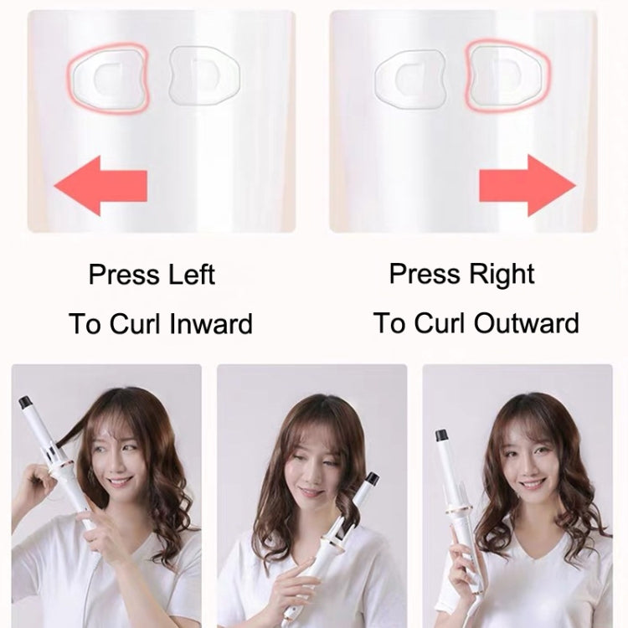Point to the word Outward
click(524, 323)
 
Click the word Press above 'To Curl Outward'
click(423, 274)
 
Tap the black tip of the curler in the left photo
click(25, 402)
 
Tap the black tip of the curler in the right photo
click(441, 435)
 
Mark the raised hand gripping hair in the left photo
click(38, 481)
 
